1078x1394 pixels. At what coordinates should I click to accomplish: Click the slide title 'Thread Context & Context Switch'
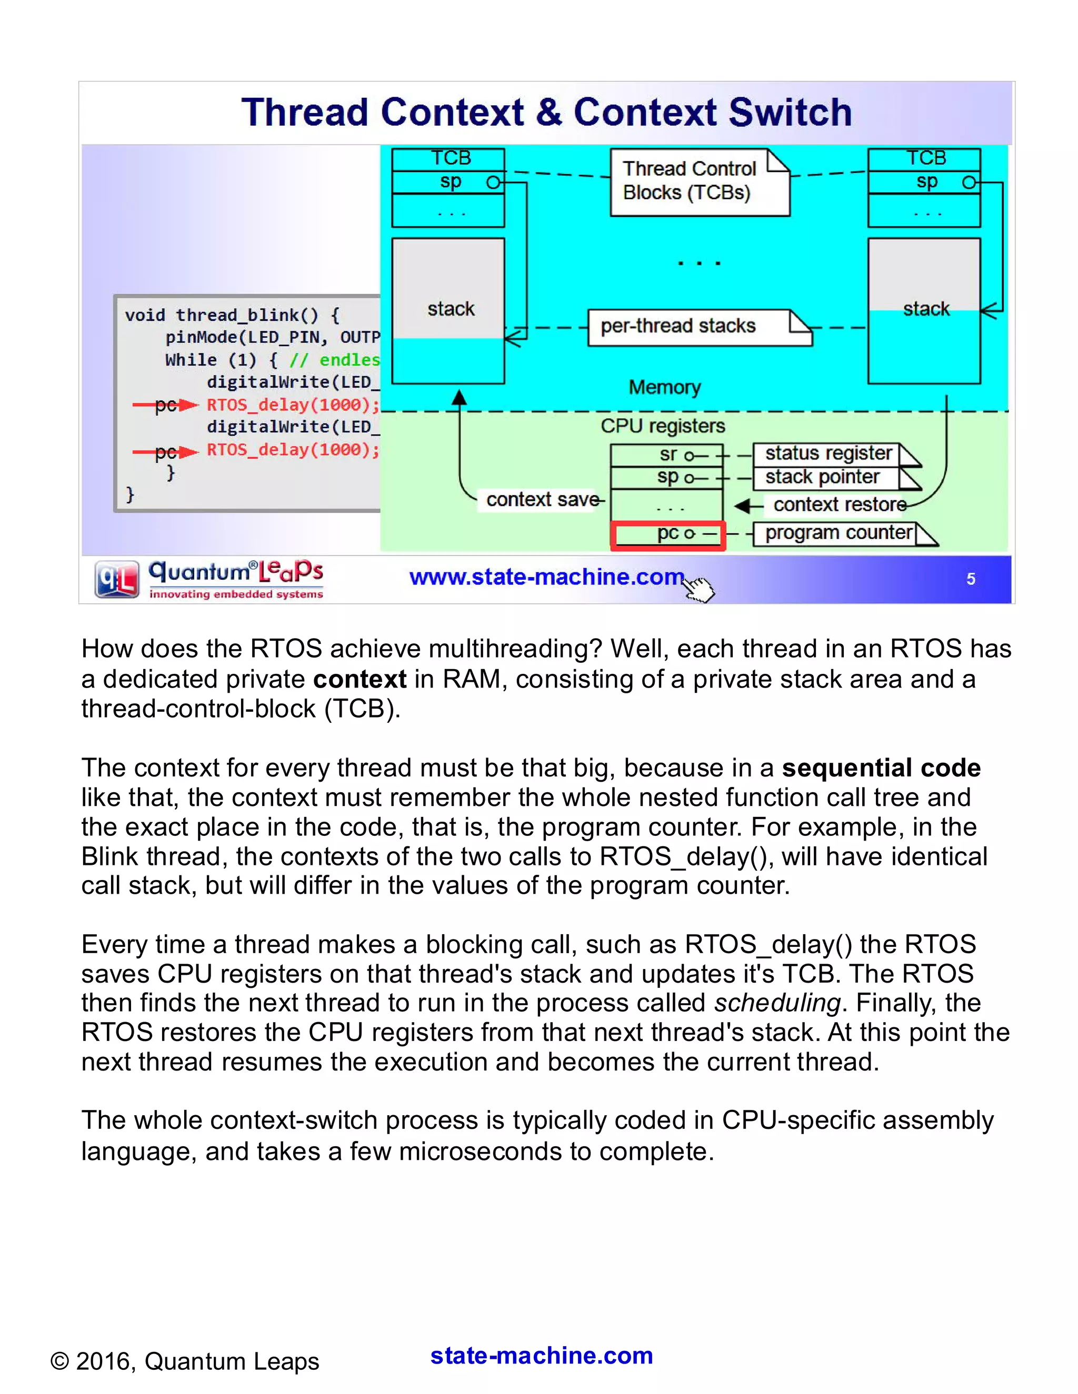[546, 113]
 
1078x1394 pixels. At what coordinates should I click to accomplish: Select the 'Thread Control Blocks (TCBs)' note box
[700, 182]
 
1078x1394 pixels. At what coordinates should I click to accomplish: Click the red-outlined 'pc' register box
[667, 534]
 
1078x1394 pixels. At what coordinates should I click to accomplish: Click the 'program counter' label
[839, 532]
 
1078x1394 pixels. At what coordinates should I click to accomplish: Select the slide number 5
[970, 579]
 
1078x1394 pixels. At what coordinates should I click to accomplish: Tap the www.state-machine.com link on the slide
[546, 577]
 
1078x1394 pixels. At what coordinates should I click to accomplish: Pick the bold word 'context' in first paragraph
[359, 679]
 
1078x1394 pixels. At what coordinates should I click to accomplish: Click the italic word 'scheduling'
[776, 1003]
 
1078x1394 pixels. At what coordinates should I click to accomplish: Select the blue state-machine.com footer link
[541, 1355]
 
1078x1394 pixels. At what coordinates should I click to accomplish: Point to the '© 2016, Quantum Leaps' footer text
[185, 1361]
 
